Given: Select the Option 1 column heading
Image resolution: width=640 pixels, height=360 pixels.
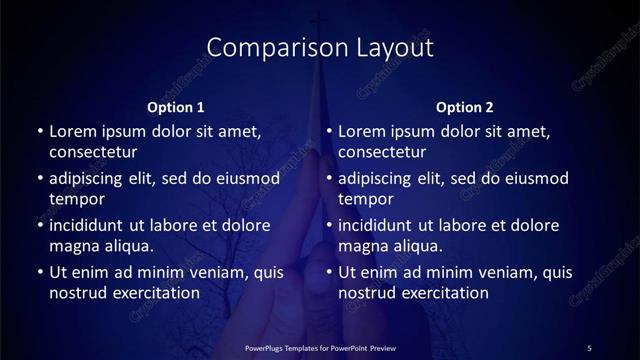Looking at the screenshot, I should (x=176, y=107).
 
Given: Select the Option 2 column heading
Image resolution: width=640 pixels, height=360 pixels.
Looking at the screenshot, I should (x=465, y=107).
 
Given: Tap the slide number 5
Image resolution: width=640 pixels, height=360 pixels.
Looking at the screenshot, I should (x=589, y=347).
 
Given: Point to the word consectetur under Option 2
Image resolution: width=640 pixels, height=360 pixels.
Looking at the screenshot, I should (x=382, y=152).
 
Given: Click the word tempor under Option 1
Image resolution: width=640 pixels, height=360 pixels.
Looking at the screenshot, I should (x=73, y=199).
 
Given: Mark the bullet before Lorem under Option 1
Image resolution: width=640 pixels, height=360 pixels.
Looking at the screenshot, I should (x=39, y=132).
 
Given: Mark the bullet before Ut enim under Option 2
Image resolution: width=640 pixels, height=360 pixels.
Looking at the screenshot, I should (x=329, y=272).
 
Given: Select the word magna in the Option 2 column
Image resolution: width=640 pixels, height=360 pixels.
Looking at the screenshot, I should (x=362, y=246).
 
